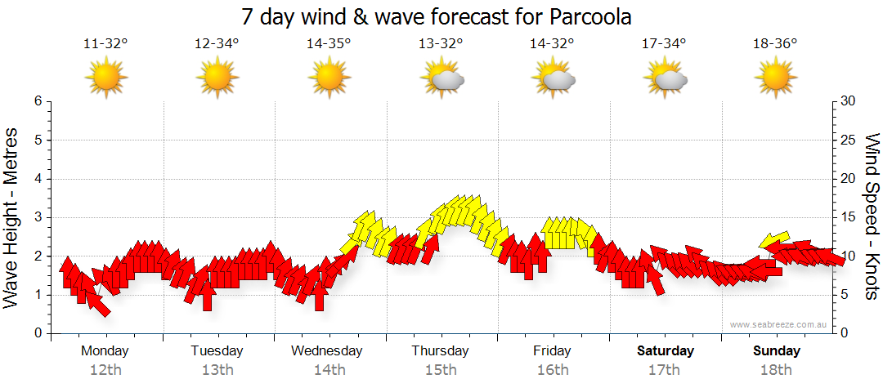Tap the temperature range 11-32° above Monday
tap(105, 44)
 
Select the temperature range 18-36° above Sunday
tap(775, 44)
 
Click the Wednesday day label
tap(326, 351)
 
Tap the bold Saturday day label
tap(665, 351)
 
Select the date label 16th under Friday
tap(553, 370)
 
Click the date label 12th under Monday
tap(105, 370)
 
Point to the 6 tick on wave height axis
tap(38, 101)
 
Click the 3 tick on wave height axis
tap(38, 217)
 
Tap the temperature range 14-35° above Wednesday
tap(329, 44)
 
